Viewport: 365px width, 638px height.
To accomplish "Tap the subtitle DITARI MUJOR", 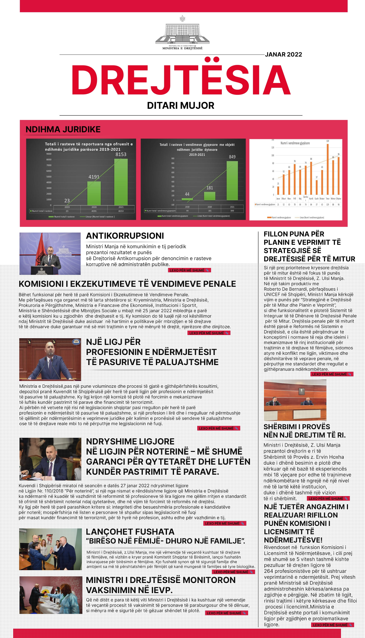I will pos(181,105).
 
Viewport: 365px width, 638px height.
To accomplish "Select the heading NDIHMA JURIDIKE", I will pos(63,129).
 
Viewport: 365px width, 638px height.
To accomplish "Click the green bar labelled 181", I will pos(210,196).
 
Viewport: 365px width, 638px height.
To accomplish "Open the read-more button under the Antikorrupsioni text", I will pos(189,270).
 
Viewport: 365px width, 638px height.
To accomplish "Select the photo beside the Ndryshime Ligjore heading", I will pos(50,459).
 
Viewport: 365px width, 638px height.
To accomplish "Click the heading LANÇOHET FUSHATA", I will pos(130,531).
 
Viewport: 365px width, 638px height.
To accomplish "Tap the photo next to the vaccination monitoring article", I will pos(51,595).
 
